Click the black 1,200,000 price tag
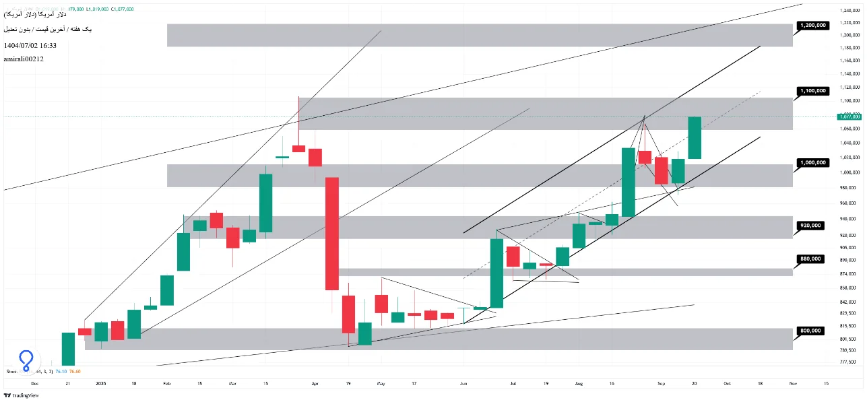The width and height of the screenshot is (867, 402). [x=812, y=25]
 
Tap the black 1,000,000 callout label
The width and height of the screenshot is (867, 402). [x=812, y=162]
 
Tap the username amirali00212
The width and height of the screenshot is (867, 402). [x=24, y=59]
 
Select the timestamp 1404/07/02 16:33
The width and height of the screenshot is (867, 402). [x=30, y=45]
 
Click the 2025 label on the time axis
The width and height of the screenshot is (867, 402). [x=100, y=383]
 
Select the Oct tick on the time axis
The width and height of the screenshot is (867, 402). [x=726, y=383]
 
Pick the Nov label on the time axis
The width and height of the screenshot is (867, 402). [x=792, y=383]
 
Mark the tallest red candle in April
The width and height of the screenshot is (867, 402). [x=331, y=233]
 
